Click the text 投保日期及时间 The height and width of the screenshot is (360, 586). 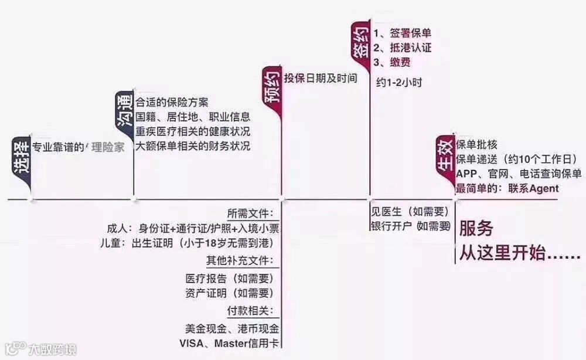pyautogui.click(x=321, y=78)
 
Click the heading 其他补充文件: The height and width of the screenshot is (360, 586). pyautogui.click(x=240, y=260)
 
